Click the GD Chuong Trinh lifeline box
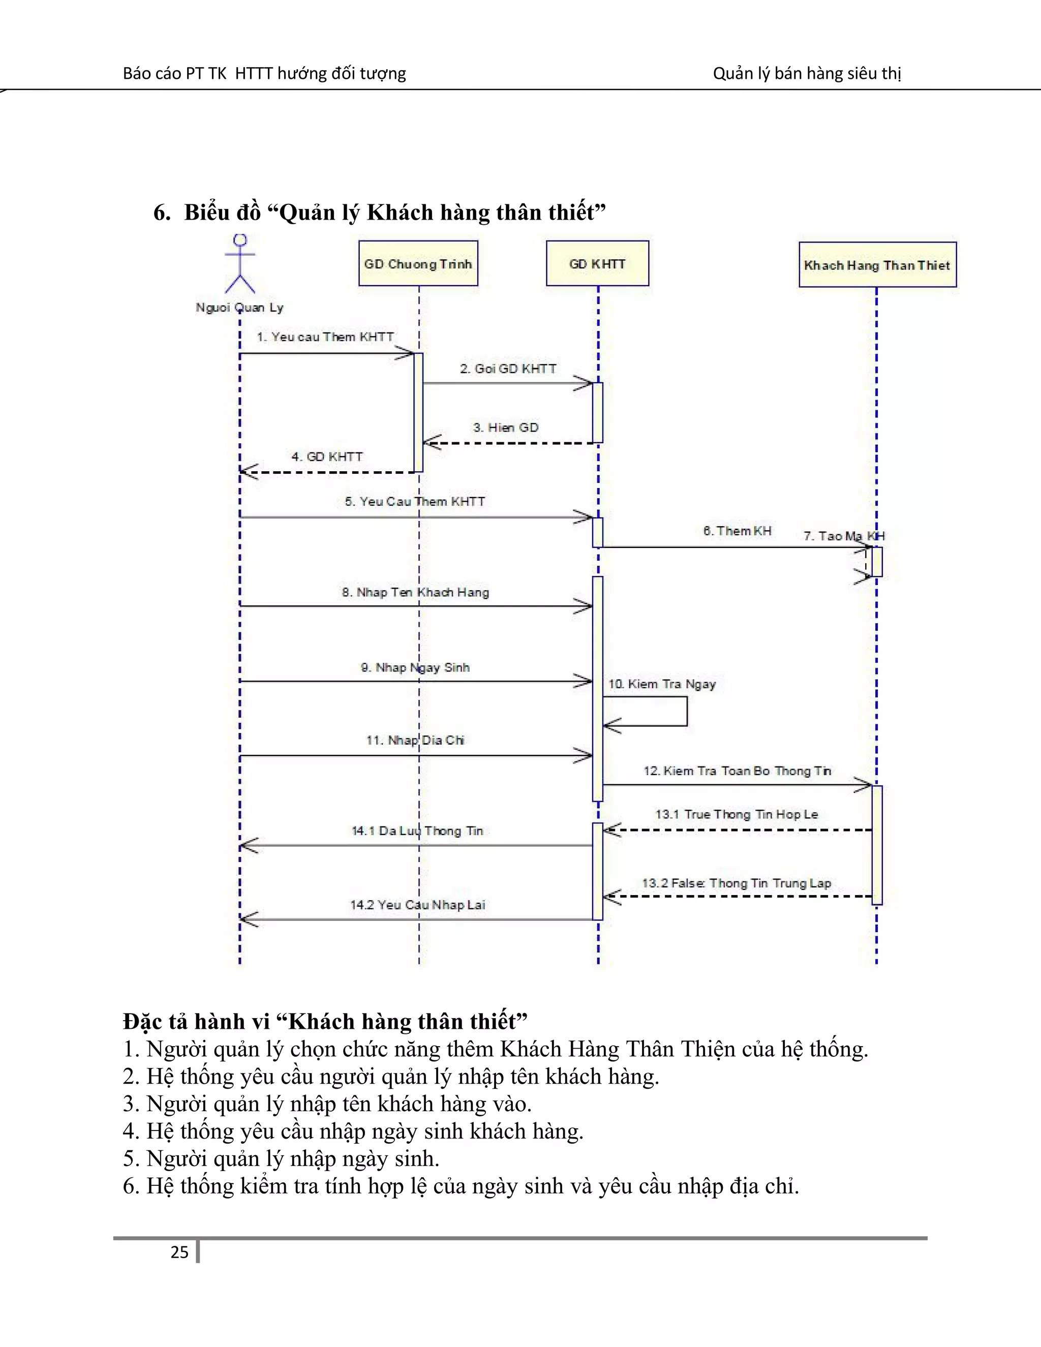[x=418, y=264]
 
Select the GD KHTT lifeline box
[x=597, y=264]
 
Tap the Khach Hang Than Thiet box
[x=877, y=265]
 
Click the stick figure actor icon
[x=240, y=263]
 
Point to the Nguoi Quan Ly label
[x=239, y=307]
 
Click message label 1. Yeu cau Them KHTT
[x=325, y=336]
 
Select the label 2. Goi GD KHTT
[x=508, y=369]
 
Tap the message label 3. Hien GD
[x=506, y=427]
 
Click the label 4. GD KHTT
[x=327, y=456]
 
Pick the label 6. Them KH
[x=737, y=531]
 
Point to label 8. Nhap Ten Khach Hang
[x=416, y=592]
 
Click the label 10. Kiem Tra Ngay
[x=662, y=684]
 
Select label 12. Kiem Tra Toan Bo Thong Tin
[x=738, y=771]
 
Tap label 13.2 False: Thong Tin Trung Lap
[x=737, y=883]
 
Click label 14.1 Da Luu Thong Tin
[x=417, y=831]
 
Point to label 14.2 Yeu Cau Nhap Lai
[x=417, y=905]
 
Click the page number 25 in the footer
[x=179, y=1252]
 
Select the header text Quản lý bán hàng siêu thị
[x=807, y=73]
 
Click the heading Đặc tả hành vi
[x=325, y=1021]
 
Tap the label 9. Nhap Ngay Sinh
[x=415, y=667]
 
